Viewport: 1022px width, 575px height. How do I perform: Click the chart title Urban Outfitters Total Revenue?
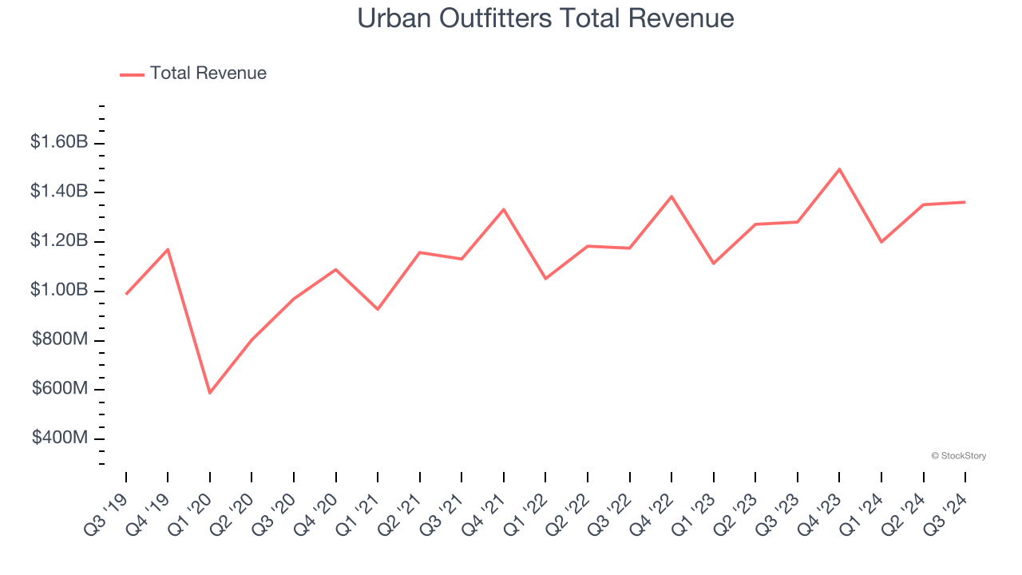click(545, 18)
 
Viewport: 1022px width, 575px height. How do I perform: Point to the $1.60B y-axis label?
click(59, 142)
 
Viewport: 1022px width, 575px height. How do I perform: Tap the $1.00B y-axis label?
click(59, 290)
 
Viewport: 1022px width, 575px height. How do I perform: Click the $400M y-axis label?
click(60, 438)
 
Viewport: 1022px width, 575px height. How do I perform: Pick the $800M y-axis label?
click(60, 339)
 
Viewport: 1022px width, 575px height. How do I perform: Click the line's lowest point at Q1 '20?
click(210, 393)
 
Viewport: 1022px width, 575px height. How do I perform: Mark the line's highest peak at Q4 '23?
click(840, 169)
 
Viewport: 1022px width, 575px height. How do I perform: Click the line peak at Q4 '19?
click(168, 249)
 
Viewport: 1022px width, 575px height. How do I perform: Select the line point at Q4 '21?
click(504, 209)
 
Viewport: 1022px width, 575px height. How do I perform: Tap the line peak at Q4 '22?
click(671, 196)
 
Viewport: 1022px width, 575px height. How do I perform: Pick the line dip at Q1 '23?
click(713, 264)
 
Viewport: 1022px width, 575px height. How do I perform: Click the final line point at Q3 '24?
click(965, 202)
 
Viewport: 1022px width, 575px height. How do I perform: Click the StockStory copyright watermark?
click(958, 456)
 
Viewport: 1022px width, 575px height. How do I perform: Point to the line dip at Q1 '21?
click(378, 309)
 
